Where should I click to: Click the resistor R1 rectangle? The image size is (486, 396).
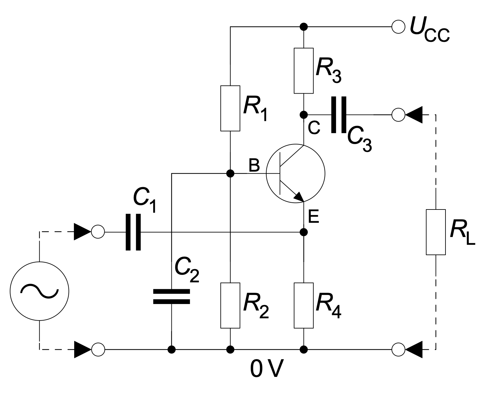[x=230, y=108]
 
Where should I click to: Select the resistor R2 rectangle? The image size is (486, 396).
[x=230, y=305]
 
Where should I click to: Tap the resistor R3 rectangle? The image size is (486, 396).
[x=304, y=71]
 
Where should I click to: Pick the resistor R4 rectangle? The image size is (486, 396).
[x=304, y=305]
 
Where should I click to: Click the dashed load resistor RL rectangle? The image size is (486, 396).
[x=436, y=232]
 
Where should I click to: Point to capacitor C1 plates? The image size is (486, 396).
[x=133, y=232]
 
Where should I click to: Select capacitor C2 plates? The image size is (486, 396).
[x=171, y=297]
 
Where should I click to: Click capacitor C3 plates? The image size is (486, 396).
[x=339, y=115]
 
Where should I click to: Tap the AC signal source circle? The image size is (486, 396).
[x=39, y=291]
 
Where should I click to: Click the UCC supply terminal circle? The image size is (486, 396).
[x=398, y=26]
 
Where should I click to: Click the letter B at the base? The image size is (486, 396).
[x=254, y=165]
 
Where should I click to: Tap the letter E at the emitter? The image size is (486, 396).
[x=314, y=217]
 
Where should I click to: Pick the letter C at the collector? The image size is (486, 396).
[x=314, y=129]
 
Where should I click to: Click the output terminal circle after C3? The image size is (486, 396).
[x=398, y=115]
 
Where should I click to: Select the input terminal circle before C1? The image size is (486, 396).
[x=98, y=232]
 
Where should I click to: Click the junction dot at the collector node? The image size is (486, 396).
[x=304, y=115]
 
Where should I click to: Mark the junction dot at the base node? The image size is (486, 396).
[x=230, y=174]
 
